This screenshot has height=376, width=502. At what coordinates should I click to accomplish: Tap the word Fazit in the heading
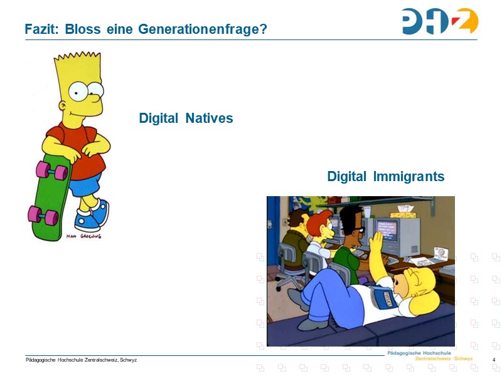pos(39,29)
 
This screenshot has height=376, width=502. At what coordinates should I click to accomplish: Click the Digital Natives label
pos(186,118)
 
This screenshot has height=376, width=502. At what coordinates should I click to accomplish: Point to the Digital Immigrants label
pos(385,177)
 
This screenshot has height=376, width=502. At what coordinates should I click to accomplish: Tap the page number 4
pos(494,360)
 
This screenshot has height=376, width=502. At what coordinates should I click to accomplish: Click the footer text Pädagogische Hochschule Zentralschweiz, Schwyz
pos(81,360)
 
